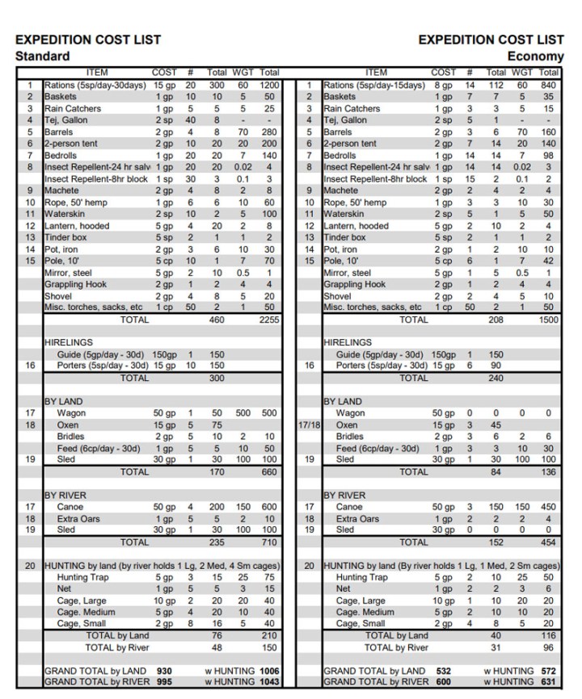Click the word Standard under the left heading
[x=42, y=56]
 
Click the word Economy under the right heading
[x=535, y=56]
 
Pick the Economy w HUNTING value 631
[x=548, y=682]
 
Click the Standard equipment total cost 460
[x=217, y=320]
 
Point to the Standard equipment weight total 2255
[x=268, y=320]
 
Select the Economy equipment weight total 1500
[x=548, y=320]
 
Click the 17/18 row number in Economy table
[x=309, y=425]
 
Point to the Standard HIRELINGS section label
[x=70, y=342]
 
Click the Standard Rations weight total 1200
[x=269, y=85]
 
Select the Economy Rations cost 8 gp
[x=444, y=85]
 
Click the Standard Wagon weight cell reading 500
[x=242, y=412]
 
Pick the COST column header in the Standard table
[x=165, y=73]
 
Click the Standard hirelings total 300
[x=217, y=377]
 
